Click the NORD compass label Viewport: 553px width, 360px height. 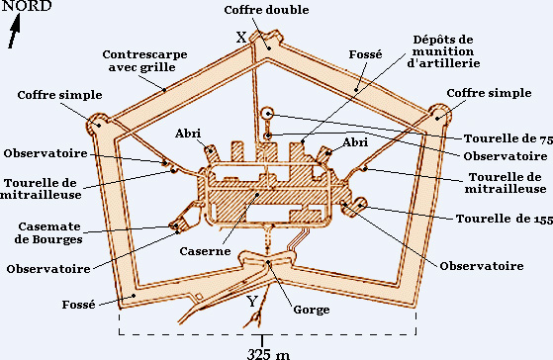click(27, 6)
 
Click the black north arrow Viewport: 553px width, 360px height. click(15, 31)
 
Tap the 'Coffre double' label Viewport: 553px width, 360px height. click(266, 10)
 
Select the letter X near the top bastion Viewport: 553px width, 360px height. click(241, 37)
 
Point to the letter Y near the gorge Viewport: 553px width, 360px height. click(252, 302)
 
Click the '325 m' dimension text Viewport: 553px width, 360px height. click(268, 354)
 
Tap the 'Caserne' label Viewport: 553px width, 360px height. click(205, 251)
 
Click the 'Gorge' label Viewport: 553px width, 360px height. click(312, 310)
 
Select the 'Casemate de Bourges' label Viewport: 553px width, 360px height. click(48, 232)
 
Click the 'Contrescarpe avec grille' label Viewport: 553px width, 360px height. click(144, 60)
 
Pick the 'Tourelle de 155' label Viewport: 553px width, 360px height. click(505, 219)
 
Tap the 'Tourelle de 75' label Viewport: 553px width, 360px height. click(508, 138)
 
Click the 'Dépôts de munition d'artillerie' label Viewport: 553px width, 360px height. click(443, 51)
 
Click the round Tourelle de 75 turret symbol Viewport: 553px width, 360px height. click(268, 114)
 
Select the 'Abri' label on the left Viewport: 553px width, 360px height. click(188, 134)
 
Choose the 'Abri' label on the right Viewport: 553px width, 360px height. click(355, 142)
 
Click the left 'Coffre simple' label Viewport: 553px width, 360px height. click(59, 95)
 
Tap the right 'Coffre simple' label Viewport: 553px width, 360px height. click(489, 93)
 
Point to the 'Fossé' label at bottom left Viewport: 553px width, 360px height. click(79, 305)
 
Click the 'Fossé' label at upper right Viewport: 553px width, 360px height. click(365, 54)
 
